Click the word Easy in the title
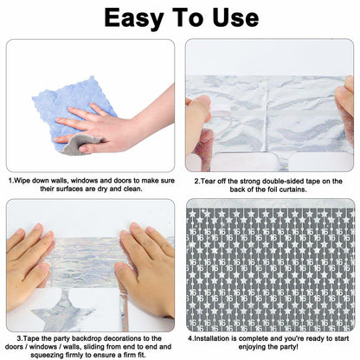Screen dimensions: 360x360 tap(134, 19)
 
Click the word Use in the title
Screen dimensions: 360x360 tap(235, 18)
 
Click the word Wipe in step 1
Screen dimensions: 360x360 tap(21, 181)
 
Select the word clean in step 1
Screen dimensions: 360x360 tap(132, 190)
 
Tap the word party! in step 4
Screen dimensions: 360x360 tap(289, 347)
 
